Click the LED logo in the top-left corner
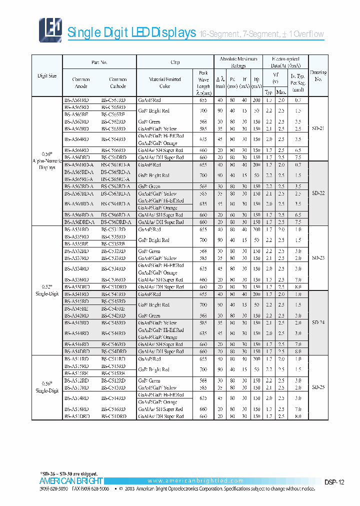coord(50,29)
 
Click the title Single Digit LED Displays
coord(131,33)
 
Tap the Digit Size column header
coord(47,76)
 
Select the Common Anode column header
coord(81,82)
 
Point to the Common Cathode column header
coord(118,82)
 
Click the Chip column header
coord(175,62)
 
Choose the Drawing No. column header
coord(318,76)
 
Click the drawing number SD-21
coord(318,128)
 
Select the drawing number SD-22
coord(318,193)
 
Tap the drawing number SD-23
coord(318,258)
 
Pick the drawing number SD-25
coord(318,387)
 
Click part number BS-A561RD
coord(77,100)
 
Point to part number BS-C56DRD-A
coord(116,222)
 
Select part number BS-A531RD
coord(77,229)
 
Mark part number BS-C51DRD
coord(113,416)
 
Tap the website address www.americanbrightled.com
coord(195,481)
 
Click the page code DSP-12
coord(334,482)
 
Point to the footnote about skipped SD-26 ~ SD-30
coord(68,473)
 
